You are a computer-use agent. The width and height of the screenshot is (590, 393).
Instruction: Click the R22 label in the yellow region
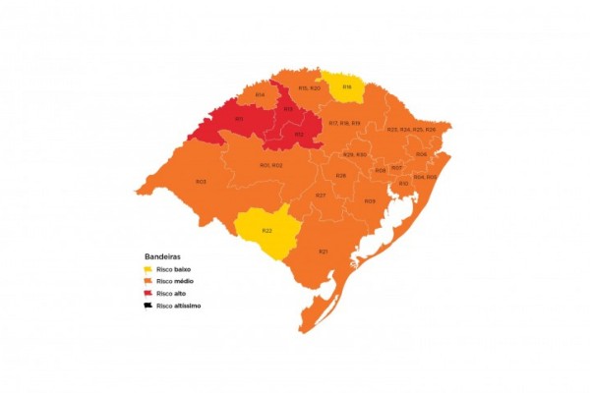point(266,230)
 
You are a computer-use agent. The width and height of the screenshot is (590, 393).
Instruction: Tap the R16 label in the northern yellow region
point(346,87)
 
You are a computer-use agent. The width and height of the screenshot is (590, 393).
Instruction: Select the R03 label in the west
point(201,182)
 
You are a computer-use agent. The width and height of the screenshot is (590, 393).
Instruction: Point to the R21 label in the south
point(323,252)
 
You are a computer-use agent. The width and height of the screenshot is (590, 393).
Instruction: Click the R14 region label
point(260,94)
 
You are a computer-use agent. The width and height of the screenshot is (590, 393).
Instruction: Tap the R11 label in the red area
point(239,119)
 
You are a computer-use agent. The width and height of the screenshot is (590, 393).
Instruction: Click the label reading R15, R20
point(310,88)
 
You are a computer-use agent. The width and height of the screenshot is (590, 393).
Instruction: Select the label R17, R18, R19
point(344,123)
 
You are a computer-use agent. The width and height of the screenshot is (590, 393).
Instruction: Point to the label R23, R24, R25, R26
point(411,130)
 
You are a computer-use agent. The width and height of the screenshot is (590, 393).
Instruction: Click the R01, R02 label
point(270,165)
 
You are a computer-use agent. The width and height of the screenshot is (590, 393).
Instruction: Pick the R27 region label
point(321,196)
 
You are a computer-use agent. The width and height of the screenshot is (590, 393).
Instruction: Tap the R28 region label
point(340,176)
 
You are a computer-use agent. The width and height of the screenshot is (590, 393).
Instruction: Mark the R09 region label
point(370,200)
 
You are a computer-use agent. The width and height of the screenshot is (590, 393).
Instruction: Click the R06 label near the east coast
point(421,153)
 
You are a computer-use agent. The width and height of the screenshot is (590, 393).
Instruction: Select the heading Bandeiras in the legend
point(162,255)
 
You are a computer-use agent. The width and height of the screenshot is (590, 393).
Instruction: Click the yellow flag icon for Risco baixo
point(148,268)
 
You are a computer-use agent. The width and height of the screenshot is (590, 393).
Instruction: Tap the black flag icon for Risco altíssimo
point(148,305)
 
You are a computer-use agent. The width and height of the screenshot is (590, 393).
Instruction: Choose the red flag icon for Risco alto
point(148,293)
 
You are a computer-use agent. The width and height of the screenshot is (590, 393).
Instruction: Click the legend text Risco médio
point(176,281)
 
